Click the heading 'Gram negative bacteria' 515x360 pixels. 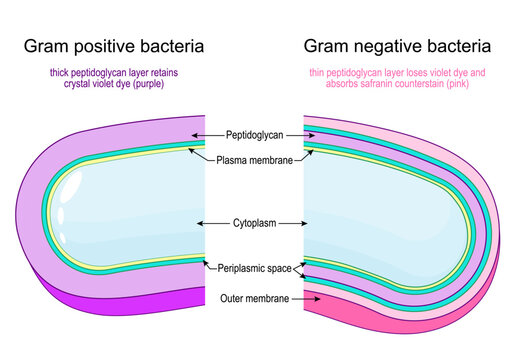click(x=397, y=46)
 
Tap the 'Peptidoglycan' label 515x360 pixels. click(x=255, y=134)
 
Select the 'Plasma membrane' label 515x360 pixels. click(x=255, y=159)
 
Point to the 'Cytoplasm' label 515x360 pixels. click(x=254, y=222)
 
